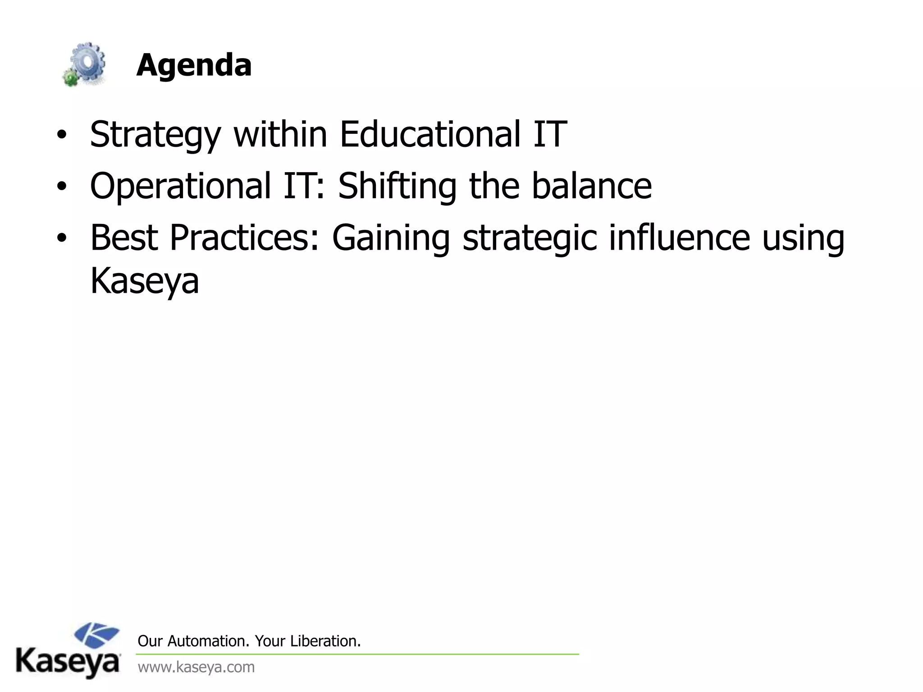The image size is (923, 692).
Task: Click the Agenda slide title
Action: (x=194, y=65)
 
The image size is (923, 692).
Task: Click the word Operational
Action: (x=180, y=186)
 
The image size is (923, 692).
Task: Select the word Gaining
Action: (x=391, y=239)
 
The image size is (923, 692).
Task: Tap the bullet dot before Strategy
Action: (x=61, y=135)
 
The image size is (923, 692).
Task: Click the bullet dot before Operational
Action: (x=61, y=187)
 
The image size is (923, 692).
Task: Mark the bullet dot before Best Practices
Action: (x=61, y=239)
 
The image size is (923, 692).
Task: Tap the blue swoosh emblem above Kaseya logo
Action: (x=96, y=635)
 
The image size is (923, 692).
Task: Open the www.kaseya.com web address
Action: (x=196, y=667)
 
